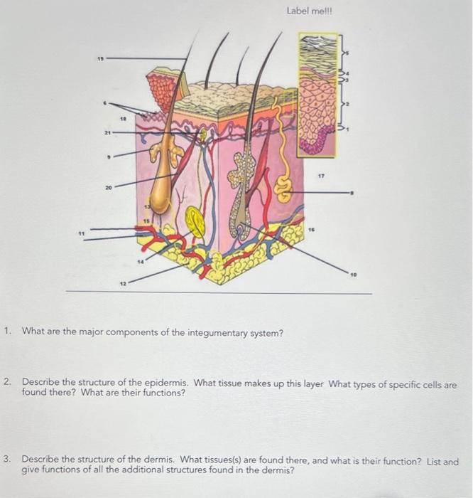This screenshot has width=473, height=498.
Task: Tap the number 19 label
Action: click(x=101, y=59)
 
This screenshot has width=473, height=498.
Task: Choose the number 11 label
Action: click(x=82, y=232)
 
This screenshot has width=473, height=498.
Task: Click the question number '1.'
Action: click(x=7, y=331)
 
